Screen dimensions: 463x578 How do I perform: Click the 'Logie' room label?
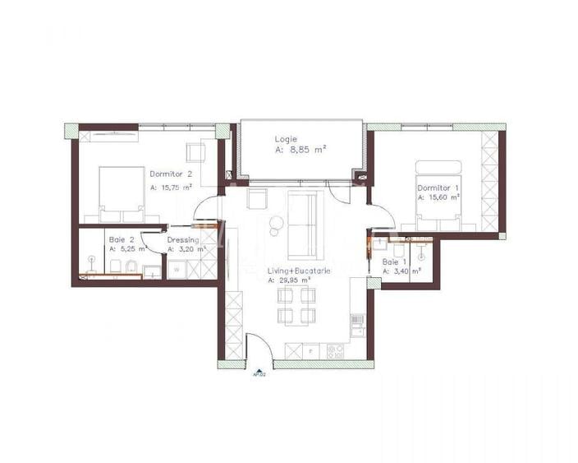287,139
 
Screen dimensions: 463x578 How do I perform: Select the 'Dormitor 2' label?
171,174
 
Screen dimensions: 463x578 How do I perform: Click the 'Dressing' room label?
182,239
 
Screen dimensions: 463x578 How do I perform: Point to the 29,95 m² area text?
295,280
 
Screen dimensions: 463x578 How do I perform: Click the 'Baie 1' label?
394,262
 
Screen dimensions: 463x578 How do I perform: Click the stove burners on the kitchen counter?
336,351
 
